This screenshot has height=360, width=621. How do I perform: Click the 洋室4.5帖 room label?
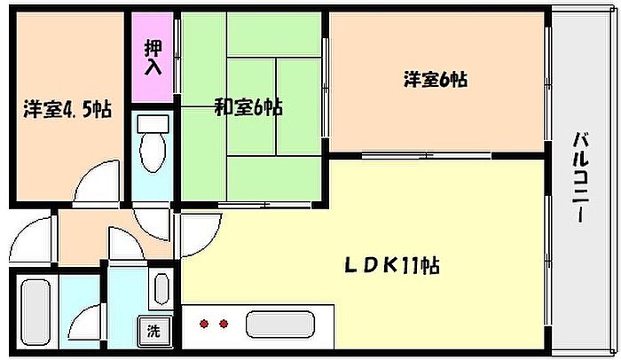67,109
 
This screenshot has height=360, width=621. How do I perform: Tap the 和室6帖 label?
248,107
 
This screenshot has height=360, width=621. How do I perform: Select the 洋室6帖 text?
436,79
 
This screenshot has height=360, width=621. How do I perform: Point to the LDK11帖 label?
391,265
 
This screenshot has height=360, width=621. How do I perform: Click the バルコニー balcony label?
580,178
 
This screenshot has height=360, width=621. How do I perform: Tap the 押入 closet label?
153,57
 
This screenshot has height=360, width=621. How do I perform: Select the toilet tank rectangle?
153,124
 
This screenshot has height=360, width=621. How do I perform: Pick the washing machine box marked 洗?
154,330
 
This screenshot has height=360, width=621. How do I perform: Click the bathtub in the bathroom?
35,312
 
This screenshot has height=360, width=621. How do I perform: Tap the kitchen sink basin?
280,325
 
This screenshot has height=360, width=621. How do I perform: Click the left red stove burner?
204,324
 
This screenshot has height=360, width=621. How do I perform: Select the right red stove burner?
224,324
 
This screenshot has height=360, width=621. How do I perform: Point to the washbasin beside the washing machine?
161,289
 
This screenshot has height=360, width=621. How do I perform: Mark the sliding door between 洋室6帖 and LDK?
426,156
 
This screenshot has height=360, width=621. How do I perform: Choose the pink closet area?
153,58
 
